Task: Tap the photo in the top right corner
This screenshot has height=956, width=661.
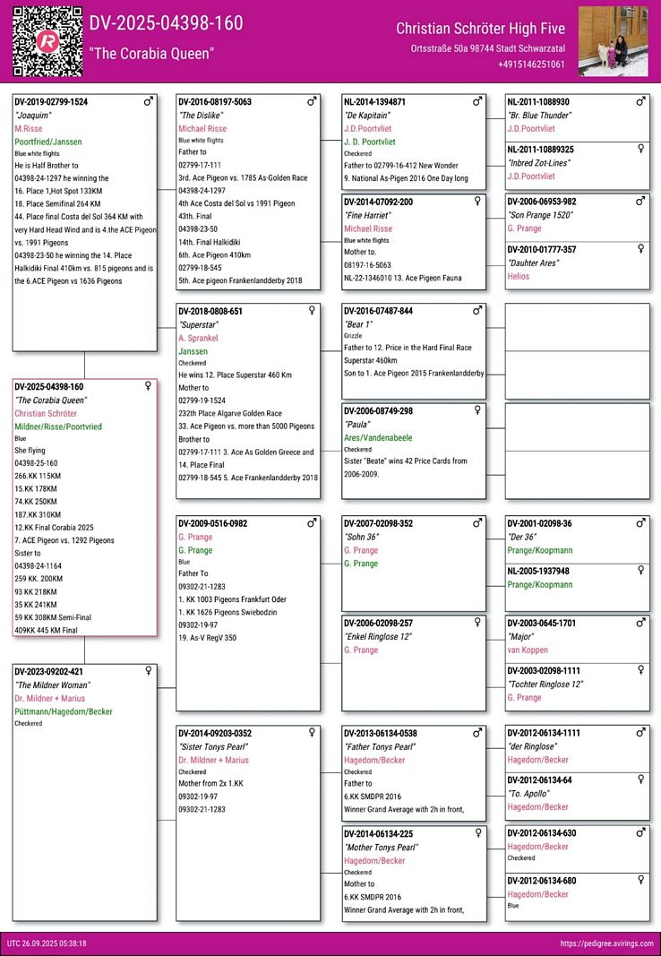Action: coord(614,41)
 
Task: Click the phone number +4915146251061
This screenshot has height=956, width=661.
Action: coord(531,65)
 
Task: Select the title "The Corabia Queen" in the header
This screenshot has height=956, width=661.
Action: coord(151,54)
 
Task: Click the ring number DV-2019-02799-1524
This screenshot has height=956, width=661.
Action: coord(51,102)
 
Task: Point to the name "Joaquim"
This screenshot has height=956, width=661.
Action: coord(33,116)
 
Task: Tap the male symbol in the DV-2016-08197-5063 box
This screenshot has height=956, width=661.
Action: coord(312,102)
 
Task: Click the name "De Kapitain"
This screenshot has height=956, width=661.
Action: coord(367,116)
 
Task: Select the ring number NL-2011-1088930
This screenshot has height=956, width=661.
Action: coord(538,102)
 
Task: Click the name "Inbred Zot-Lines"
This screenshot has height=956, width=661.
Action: coord(541,163)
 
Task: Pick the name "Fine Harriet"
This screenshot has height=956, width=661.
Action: coord(368,215)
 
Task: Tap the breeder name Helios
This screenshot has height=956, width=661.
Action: coord(519,277)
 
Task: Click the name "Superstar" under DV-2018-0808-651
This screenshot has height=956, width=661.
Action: coord(198,324)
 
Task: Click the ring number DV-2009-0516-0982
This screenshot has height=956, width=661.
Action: coord(212,523)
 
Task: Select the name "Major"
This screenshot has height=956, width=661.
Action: coord(521,636)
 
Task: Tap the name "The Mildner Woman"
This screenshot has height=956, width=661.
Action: coord(50,685)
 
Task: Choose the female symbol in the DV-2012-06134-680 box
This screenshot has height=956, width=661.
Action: coord(640,880)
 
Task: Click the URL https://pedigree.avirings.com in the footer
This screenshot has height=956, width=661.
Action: coord(605,943)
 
